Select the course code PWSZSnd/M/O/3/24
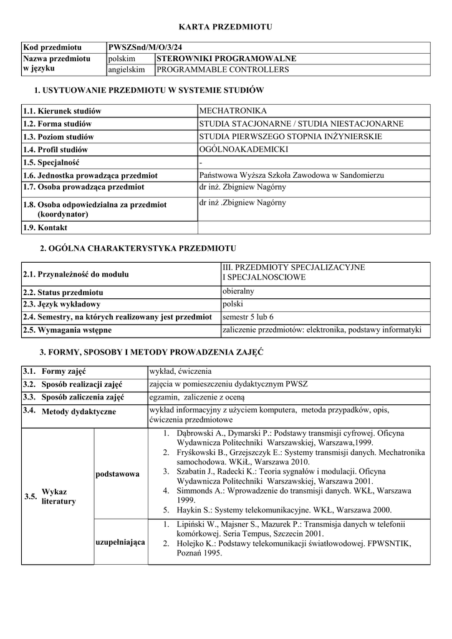pyautogui.click(x=145, y=47)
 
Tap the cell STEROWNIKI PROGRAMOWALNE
pyautogui.click(x=226, y=59)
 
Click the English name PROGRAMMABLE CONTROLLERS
pyautogui.click(x=223, y=70)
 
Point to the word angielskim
pyautogui.click(x=126, y=70)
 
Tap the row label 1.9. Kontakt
pyautogui.click(x=45, y=228)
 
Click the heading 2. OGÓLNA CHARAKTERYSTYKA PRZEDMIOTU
pyautogui.click(x=138, y=248)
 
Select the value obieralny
pyautogui.click(x=238, y=291)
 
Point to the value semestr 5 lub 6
pyautogui.click(x=248, y=317)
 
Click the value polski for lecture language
pyautogui.click(x=233, y=305)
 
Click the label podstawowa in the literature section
pyautogui.click(x=117, y=475)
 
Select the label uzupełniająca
pyautogui.click(x=120, y=542)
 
